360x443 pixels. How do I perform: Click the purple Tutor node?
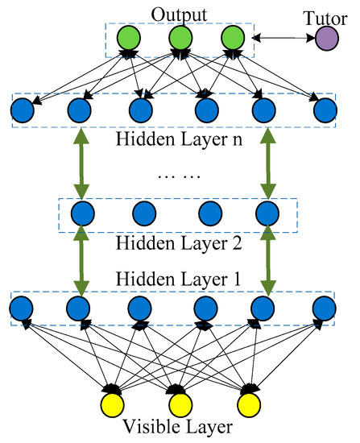coord(329,38)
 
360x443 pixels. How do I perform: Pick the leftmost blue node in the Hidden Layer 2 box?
coord(81,213)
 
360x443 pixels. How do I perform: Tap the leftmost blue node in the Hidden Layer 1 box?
coord(22,308)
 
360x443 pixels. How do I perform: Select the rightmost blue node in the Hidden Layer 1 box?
coord(325,308)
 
